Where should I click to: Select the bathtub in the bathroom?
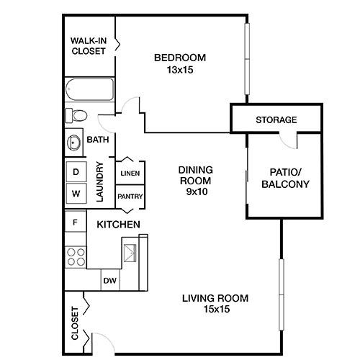tap(89, 91)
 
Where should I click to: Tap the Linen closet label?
tap(130, 174)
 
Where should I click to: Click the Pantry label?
tap(130, 196)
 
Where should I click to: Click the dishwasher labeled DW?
tap(109, 281)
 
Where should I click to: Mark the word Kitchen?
tap(118, 225)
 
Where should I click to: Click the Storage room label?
tap(276, 120)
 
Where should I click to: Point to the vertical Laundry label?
tap(100, 182)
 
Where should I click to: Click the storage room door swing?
tap(290, 140)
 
